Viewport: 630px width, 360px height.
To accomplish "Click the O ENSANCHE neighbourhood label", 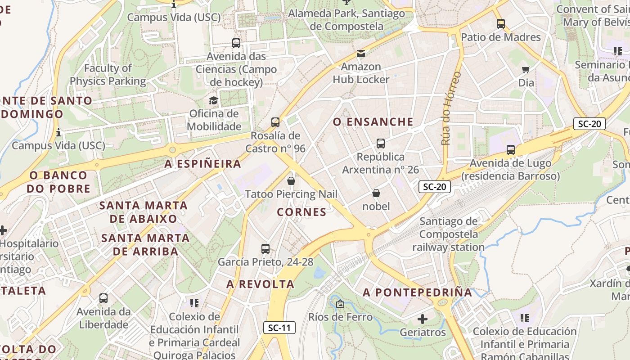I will coord(373,122).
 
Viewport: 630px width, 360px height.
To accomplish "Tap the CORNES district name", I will coord(301,212).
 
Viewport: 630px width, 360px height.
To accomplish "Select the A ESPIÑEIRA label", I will coord(202,164).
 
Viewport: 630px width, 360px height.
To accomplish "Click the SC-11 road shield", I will coord(279,328).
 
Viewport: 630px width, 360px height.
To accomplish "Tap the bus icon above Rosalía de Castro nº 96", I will coord(275,122).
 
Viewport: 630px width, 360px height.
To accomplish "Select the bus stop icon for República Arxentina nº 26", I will coord(381,144).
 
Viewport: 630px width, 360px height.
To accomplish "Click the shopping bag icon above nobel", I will coord(376,193).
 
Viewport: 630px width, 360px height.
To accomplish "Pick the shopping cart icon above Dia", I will coord(526,69).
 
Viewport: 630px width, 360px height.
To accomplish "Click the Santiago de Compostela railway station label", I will coord(448,234).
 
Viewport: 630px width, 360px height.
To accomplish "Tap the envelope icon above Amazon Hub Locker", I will coord(361,54).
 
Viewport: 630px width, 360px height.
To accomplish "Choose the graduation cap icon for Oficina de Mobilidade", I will coord(213,100).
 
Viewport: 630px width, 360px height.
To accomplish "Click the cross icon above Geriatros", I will coord(423,319).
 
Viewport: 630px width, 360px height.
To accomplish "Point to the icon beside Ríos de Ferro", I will coord(340,304).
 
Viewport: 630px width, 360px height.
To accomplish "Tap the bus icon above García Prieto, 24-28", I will coord(265,248).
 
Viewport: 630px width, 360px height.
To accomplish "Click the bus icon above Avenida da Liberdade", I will coord(103,298).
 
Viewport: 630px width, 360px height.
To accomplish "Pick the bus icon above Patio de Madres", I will coord(501,24).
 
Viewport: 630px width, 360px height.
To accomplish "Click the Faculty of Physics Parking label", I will coord(108,75).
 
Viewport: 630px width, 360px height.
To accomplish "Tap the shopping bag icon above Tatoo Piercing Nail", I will coord(291,181).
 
